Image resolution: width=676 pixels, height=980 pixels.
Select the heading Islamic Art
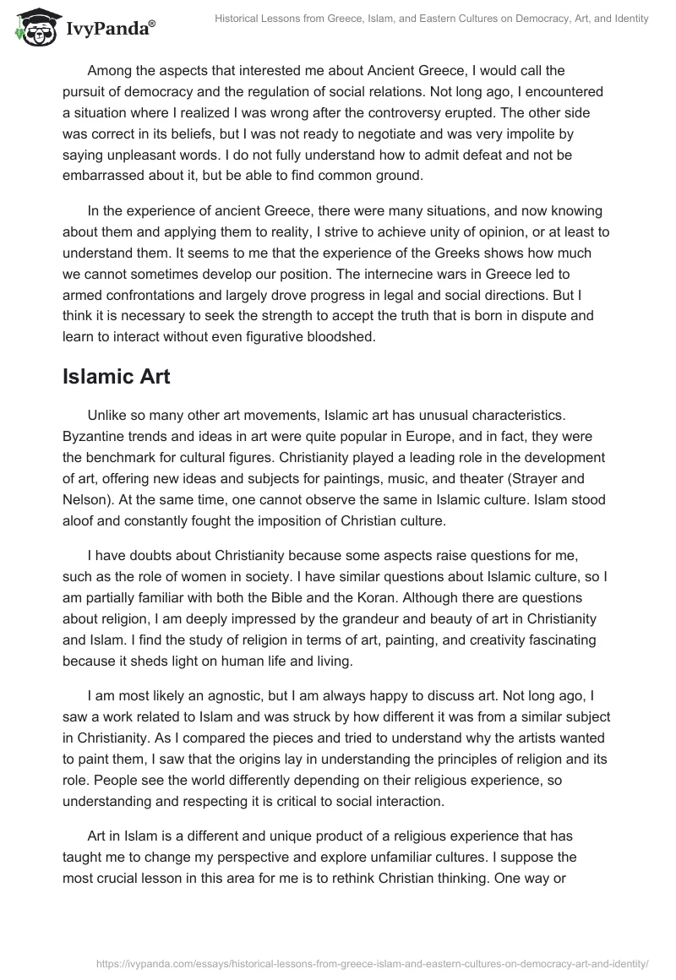[116, 376]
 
